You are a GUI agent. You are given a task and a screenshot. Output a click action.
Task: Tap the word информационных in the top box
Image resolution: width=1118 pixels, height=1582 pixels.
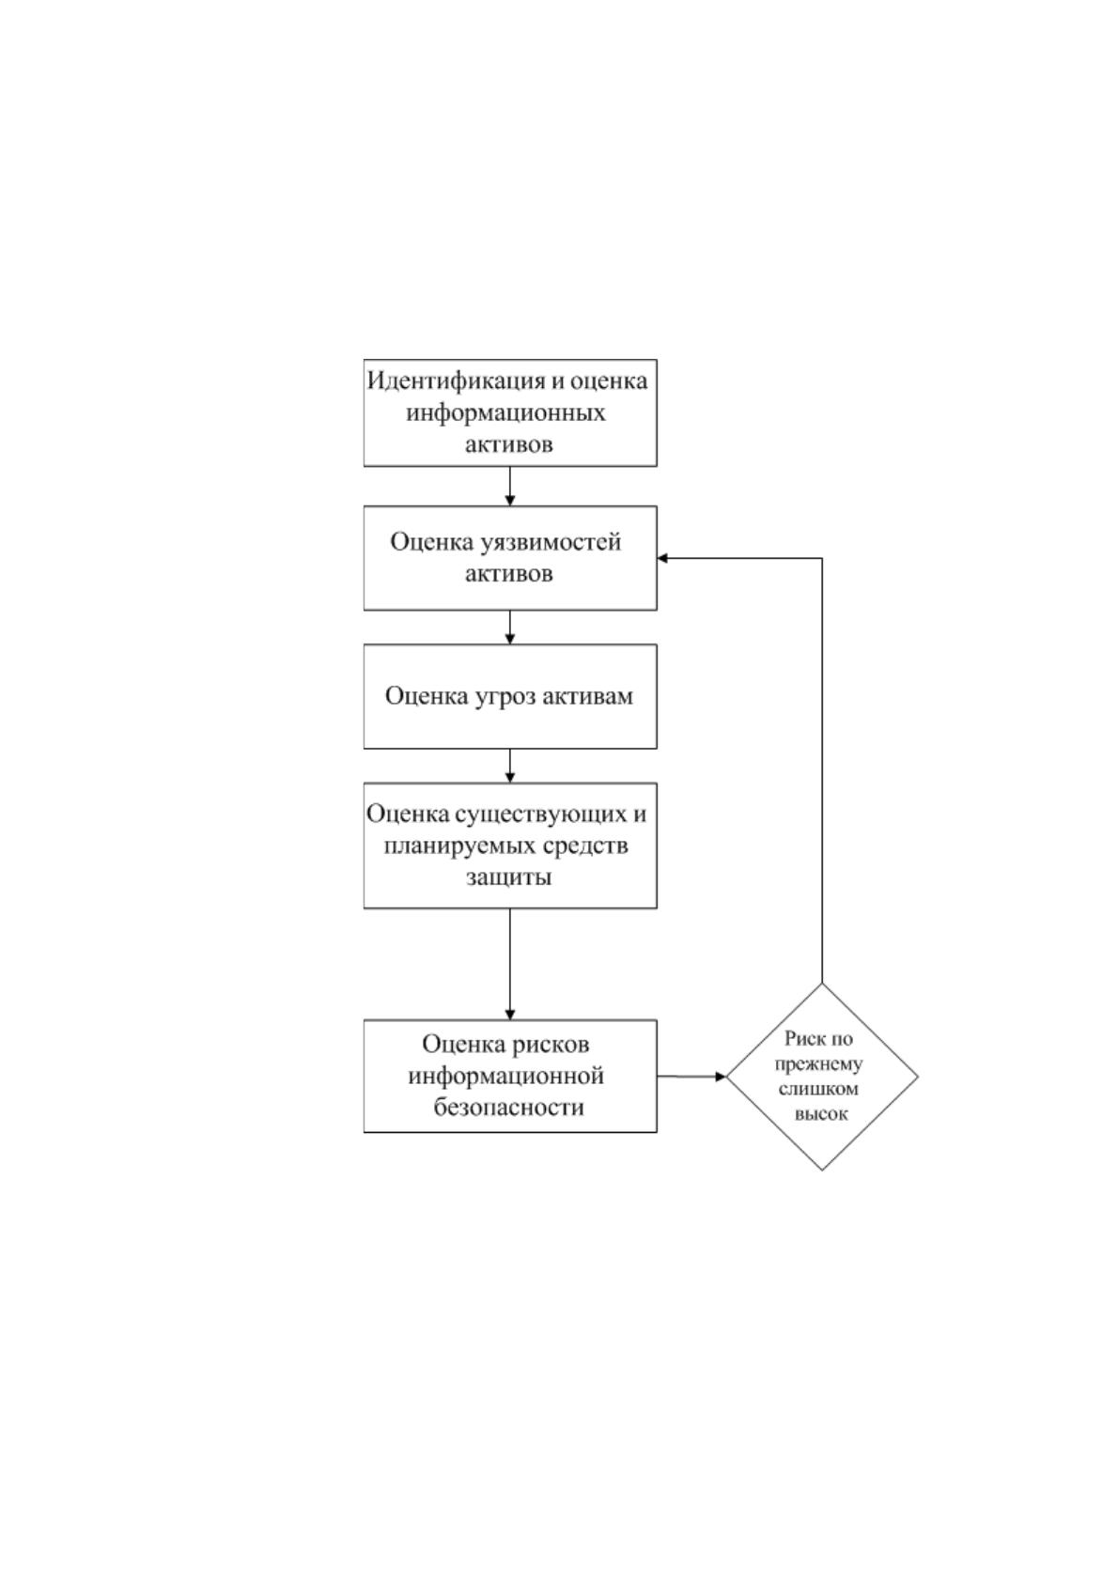point(505,412)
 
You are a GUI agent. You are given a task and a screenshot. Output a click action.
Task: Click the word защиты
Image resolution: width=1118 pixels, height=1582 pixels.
point(508,878)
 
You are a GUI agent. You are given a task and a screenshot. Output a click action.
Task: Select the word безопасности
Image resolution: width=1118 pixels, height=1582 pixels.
point(508,1108)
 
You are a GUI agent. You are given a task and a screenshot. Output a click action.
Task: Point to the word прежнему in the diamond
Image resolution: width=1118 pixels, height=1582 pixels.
point(818,1064)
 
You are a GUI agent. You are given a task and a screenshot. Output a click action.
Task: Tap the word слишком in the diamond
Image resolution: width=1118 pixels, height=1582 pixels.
point(818,1089)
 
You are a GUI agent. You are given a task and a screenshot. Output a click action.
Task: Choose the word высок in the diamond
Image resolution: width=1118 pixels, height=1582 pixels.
point(821,1114)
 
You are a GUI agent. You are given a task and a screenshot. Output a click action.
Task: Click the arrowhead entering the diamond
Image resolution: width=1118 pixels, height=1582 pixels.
point(722,1077)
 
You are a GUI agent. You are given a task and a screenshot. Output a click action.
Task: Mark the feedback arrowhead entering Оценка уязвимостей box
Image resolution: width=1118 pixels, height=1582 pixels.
point(663,559)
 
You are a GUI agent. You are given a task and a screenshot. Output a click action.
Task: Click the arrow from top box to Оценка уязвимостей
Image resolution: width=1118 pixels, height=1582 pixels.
point(510,487)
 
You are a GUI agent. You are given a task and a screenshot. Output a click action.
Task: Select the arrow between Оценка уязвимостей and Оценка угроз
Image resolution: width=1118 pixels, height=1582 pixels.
point(510,628)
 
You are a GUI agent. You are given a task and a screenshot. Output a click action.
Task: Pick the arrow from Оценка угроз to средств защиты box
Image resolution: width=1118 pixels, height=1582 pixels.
point(510,767)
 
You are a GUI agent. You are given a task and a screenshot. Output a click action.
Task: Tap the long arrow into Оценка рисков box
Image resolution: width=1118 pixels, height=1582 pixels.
point(510,965)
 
